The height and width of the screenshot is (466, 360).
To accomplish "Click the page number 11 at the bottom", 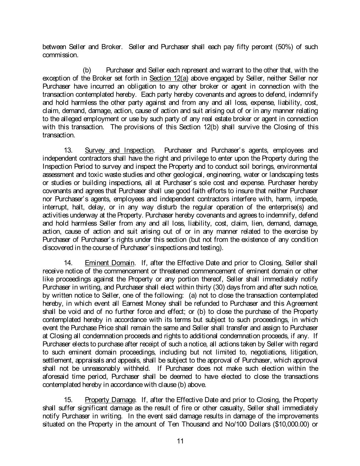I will pos(181,441).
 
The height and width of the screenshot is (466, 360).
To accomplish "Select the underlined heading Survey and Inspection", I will pos(119,151).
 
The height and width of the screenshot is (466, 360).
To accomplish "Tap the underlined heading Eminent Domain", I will pos(110,263).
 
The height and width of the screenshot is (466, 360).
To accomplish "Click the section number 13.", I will pos(68,151).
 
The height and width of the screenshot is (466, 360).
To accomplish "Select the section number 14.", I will pos(68,263).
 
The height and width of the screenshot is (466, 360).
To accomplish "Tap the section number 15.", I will pos(68,400).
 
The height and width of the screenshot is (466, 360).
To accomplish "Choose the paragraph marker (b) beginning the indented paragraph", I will pos(87,70).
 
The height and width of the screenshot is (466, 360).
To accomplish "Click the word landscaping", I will pos(287,175).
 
